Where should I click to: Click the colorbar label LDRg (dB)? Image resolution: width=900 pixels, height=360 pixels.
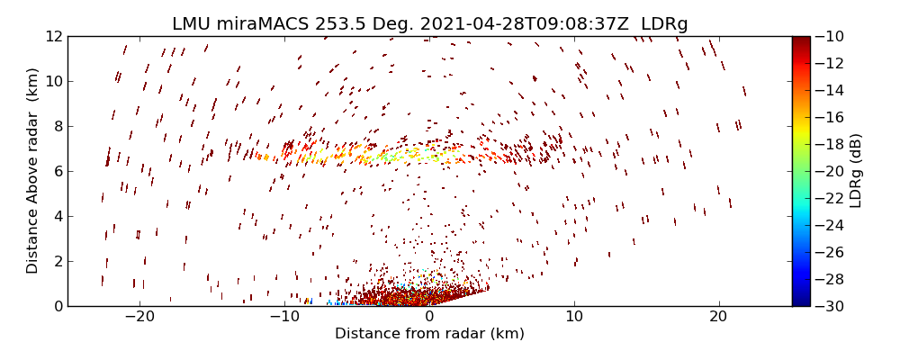(855, 171)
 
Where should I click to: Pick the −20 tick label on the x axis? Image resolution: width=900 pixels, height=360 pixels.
(139, 317)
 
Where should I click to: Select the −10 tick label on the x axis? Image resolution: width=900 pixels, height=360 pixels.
(283, 317)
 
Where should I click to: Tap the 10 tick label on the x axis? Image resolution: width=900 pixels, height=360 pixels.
(574, 317)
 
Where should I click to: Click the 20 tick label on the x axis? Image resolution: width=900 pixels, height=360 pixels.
(718, 317)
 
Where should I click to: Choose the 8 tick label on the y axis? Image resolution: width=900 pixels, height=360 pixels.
(57, 126)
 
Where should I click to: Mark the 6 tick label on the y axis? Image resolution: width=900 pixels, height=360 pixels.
(57, 171)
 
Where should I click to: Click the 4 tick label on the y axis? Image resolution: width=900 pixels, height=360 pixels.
(57, 216)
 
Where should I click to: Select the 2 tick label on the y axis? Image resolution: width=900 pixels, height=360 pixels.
(57, 261)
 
